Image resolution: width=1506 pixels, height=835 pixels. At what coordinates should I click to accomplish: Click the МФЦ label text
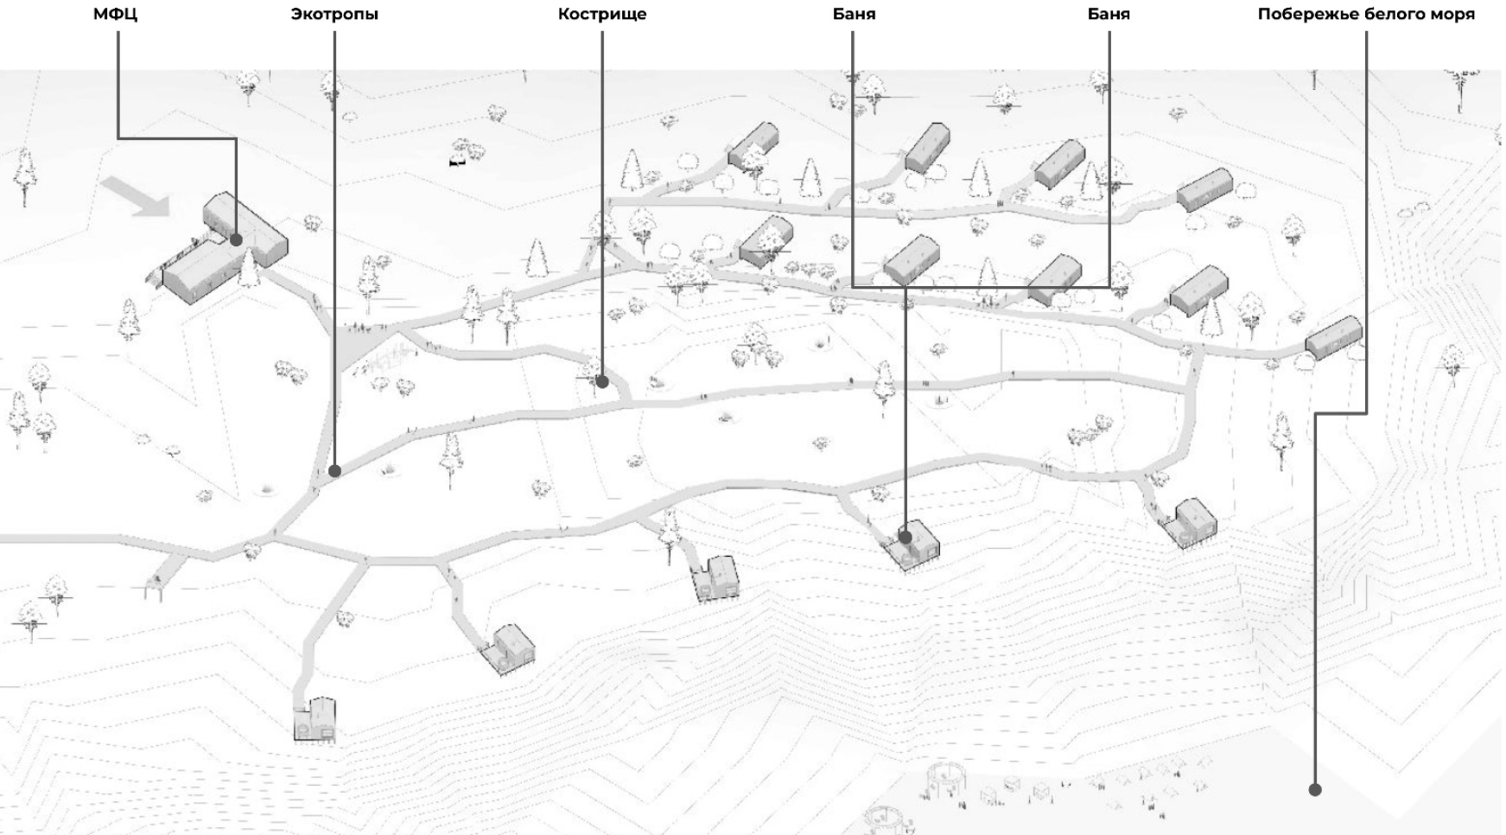(x=115, y=15)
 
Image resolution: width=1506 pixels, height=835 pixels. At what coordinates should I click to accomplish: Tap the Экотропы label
(x=334, y=15)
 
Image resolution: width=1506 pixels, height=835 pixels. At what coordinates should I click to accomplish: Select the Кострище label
(x=602, y=15)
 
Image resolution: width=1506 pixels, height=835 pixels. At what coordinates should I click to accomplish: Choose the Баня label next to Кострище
(x=854, y=15)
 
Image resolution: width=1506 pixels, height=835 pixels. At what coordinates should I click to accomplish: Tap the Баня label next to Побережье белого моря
(x=1109, y=15)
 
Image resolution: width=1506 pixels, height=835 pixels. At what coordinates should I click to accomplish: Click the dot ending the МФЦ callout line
(x=236, y=239)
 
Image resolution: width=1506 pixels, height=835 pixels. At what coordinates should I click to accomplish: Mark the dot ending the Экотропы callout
(x=334, y=471)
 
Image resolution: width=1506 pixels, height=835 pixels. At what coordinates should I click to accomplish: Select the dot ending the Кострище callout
(x=602, y=381)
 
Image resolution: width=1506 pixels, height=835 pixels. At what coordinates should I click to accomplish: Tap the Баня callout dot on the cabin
(x=905, y=537)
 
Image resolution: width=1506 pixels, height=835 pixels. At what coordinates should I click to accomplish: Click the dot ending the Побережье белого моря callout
(x=1315, y=789)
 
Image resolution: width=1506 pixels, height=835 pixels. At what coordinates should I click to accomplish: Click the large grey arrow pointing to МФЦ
(x=136, y=196)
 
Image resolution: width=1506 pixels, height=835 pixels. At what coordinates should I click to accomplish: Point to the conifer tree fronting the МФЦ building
(x=250, y=267)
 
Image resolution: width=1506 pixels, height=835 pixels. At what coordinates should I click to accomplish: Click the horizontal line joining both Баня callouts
(x=981, y=286)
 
